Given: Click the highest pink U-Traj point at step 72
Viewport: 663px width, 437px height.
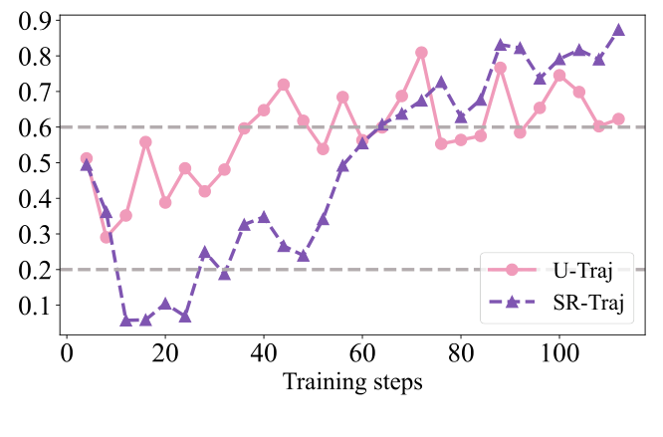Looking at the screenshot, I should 421,52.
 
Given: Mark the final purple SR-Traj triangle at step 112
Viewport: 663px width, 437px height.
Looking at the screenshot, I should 618,30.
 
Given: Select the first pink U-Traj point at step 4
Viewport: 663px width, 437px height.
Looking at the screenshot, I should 87,158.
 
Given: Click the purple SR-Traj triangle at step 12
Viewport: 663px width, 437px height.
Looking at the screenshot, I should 126,320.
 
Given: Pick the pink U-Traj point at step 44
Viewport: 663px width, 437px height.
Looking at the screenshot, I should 284,85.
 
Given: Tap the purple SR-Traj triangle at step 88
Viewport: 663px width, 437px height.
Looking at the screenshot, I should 501,45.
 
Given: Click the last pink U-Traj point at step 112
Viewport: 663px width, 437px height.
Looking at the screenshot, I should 618,118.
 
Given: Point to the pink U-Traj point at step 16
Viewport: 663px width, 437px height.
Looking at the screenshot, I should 145,141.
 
